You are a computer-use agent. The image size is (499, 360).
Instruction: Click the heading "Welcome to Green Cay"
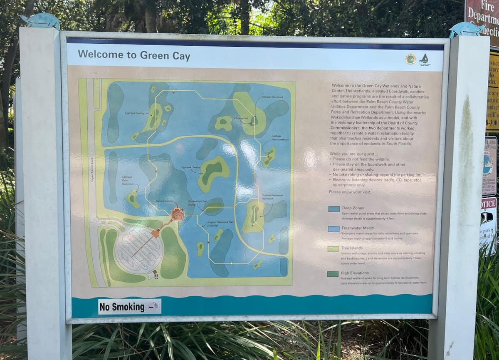pos(134,55)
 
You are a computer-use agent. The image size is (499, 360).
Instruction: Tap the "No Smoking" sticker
pos(129,307)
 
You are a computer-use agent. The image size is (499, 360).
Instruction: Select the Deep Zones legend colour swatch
pos(334,209)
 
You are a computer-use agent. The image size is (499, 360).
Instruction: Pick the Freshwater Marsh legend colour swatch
pos(334,228)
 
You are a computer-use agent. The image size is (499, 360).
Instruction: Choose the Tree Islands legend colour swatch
pos(334,248)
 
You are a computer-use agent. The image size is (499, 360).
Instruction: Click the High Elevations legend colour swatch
pos(333,274)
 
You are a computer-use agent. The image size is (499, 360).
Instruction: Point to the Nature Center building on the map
pos(178,214)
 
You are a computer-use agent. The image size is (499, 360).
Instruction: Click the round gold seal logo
pos(410,59)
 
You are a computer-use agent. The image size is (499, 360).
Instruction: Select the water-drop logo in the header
pos(424,59)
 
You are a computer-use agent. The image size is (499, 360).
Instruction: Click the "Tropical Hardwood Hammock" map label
pos(272,196)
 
